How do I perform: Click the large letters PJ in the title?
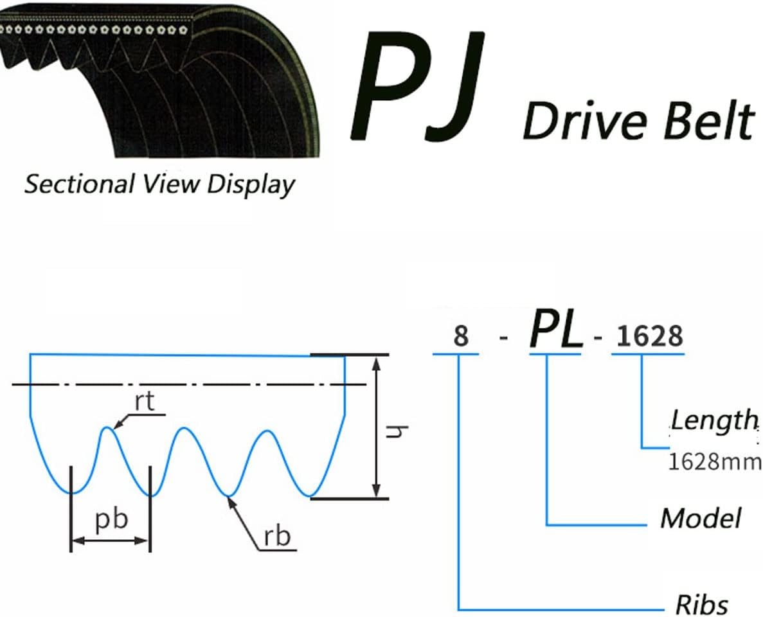pyautogui.click(x=417, y=87)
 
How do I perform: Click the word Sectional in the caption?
pyautogui.click(x=78, y=184)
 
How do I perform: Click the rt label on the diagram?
pyautogui.click(x=145, y=402)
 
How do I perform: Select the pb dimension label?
pyautogui.click(x=111, y=519)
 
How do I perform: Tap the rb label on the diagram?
pyautogui.click(x=277, y=535)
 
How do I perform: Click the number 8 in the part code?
pyautogui.click(x=460, y=336)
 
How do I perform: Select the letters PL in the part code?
pyautogui.click(x=555, y=332)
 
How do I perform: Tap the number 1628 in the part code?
pyautogui.click(x=649, y=335)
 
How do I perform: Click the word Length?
pyautogui.click(x=714, y=420)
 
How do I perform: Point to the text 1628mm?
pyautogui.click(x=714, y=461)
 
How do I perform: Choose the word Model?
pyautogui.click(x=701, y=517)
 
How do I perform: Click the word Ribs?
pyautogui.click(x=701, y=604)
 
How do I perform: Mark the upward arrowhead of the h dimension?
pyautogui.click(x=377, y=362)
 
